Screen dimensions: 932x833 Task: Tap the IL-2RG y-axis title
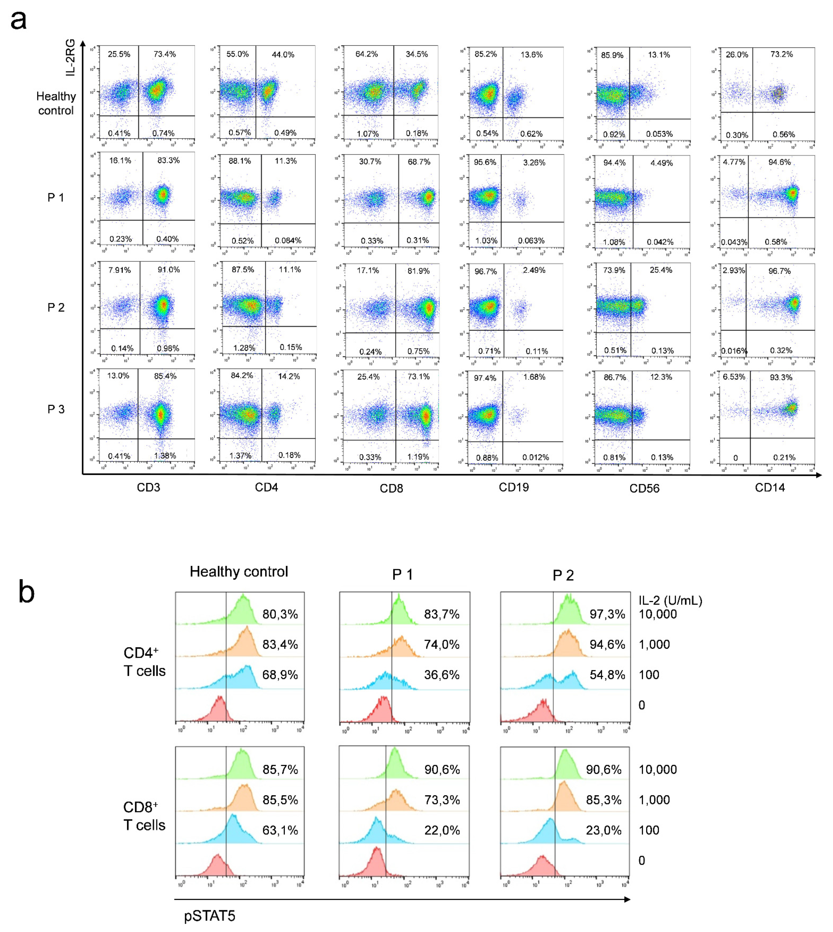[70, 57]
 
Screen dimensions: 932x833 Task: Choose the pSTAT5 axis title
[210, 916]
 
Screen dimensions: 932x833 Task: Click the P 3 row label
[56, 409]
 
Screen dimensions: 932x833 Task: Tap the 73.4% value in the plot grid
[164, 54]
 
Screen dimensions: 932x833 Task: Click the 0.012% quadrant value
[535, 457]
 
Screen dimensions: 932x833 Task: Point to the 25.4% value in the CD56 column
[661, 270]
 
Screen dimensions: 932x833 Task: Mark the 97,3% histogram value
[607, 614]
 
